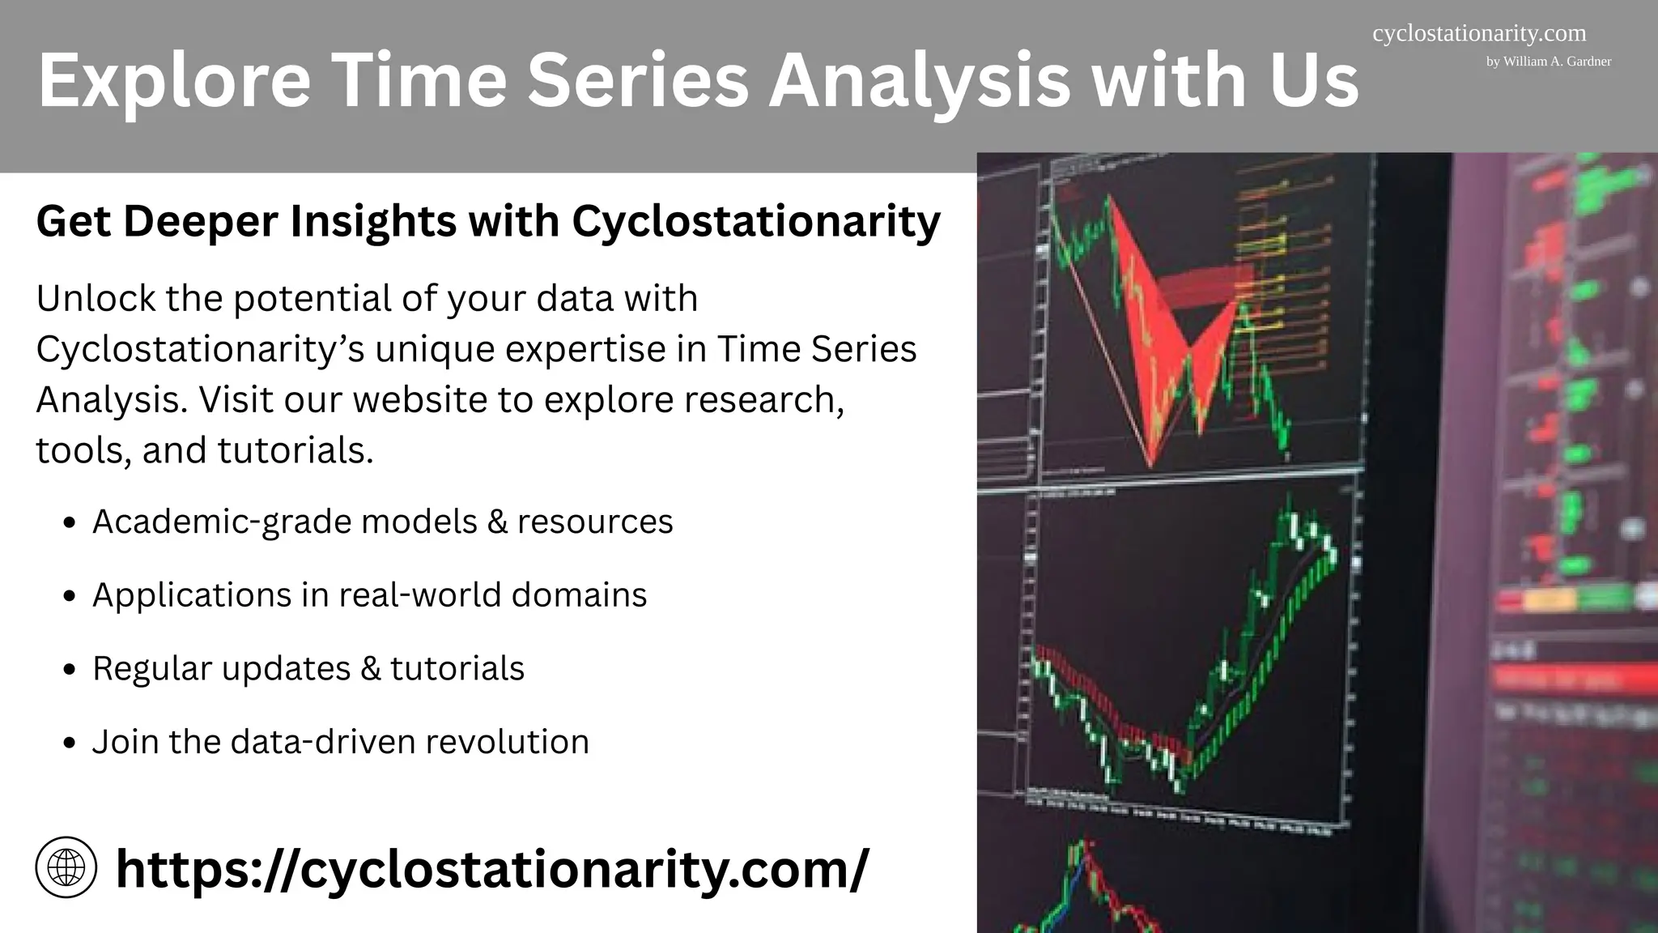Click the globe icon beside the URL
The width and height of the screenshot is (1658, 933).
[x=66, y=867]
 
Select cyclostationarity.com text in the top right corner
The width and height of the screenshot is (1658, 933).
[x=1479, y=34]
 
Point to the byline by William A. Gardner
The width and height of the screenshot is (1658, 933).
[x=1548, y=62]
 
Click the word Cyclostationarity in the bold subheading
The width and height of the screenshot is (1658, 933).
[x=755, y=221]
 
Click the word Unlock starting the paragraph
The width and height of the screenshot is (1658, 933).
[x=96, y=298]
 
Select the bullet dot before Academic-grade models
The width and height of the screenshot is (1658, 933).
[x=70, y=523]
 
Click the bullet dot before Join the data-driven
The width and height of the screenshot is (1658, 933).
[x=70, y=743]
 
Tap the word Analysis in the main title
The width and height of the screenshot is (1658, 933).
[x=919, y=80]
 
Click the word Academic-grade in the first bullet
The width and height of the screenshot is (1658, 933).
[x=222, y=522]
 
